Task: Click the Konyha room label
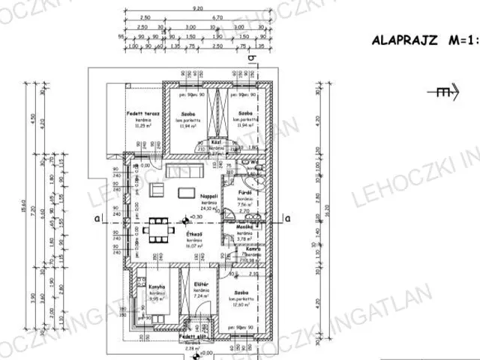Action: point(156,287)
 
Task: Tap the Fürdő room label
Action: point(244,193)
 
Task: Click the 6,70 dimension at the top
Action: point(217,16)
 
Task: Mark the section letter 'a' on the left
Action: point(97,218)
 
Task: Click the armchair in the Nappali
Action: point(158,190)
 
